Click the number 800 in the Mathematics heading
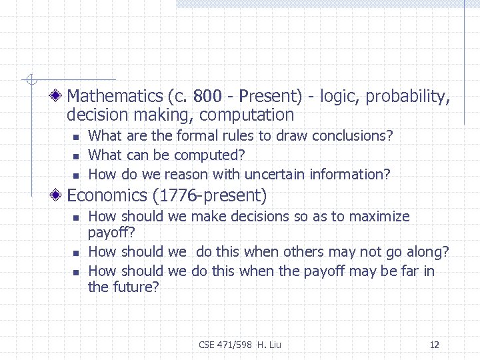click(200, 97)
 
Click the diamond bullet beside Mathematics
click(59, 97)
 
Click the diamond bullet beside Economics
click(59, 196)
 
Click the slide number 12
click(435, 345)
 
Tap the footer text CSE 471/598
click(226, 345)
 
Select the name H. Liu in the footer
click(269, 345)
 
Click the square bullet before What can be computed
click(75, 156)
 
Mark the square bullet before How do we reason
click(75, 175)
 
